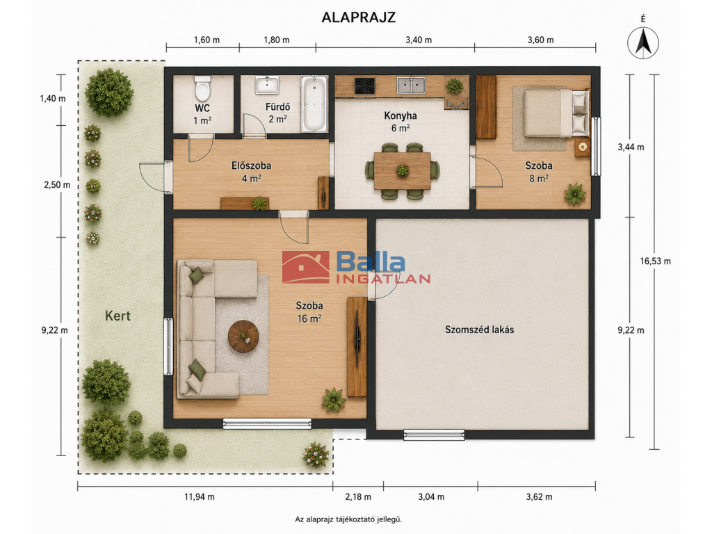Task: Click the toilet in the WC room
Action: [x=202, y=88]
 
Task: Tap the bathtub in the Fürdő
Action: [x=314, y=104]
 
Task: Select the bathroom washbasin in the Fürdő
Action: [x=266, y=86]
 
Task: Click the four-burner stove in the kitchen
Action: [x=364, y=86]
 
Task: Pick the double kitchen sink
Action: [x=411, y=86]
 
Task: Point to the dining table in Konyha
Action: [x=403, y=171]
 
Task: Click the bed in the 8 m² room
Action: [x=556, y=113]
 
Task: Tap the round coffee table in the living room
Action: [x=243, y=336]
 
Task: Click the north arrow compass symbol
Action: [x=643, y=42]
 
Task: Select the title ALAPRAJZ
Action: [x=359, y=17]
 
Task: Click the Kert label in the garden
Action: [x=118, y=316]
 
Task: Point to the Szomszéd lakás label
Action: [x=480, y=330]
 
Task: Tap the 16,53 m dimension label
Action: [x=655, y=261]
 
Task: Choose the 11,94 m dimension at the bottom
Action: [x=200, y=496]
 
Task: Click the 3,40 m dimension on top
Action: [x=419, y=40]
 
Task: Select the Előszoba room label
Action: [x=251, y=165]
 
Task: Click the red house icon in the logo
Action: [x=306, y=267]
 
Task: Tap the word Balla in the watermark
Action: [x=371, y=261]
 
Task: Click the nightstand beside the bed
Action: [x=582, y=147]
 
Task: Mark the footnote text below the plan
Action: [x=348, y=519]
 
